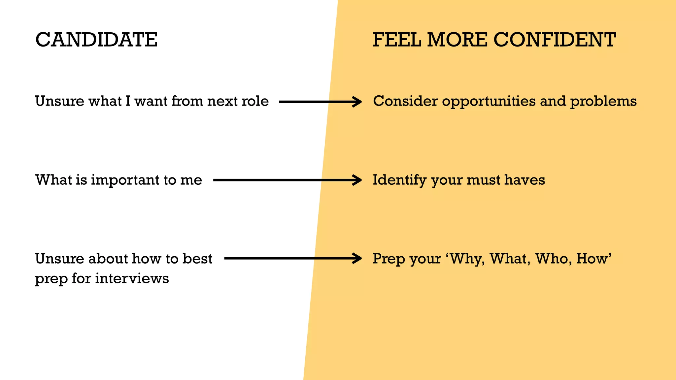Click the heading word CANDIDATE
(x=96, y=40)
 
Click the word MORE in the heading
(x=457, y=40)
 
